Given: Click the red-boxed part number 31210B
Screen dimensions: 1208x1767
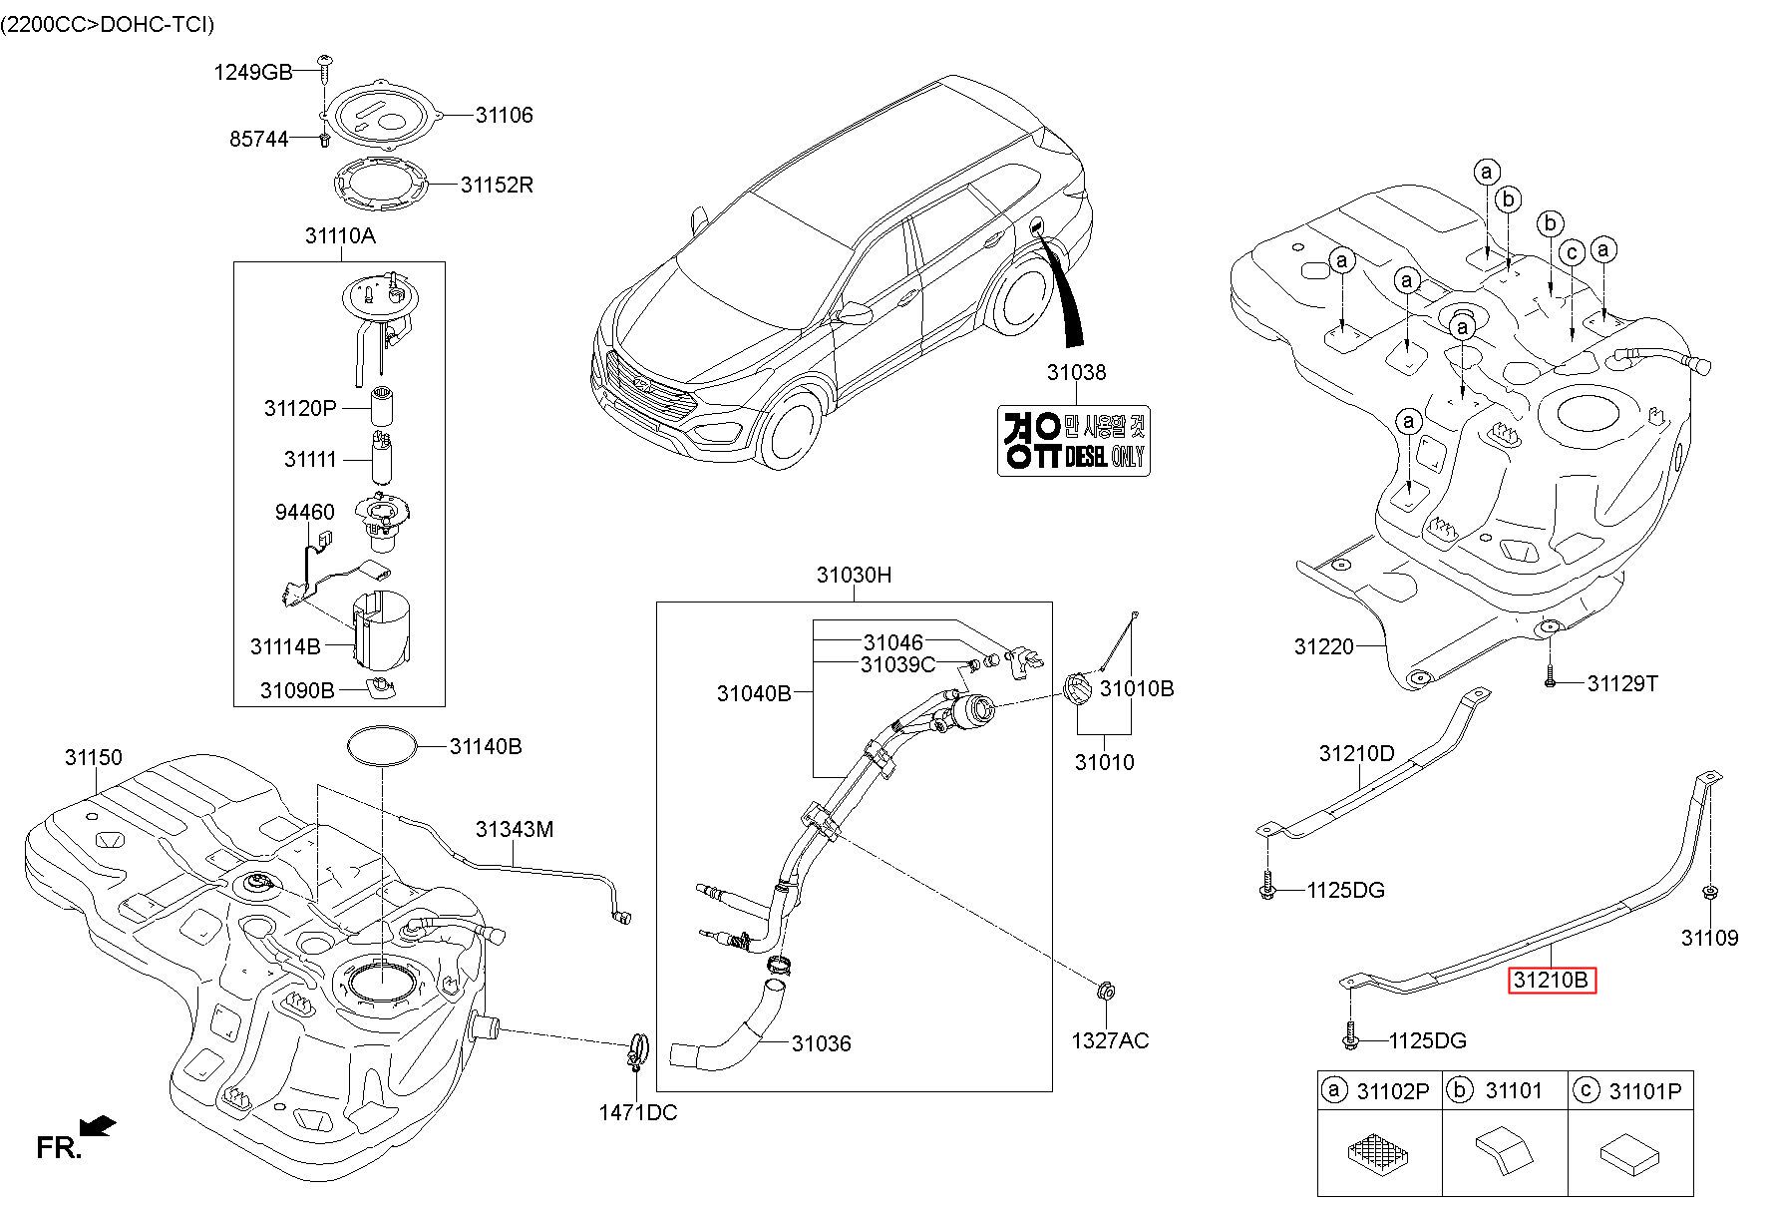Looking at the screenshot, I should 1552,981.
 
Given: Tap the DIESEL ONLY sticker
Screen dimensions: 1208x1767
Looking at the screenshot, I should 1074,440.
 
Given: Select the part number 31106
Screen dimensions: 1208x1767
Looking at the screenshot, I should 504,115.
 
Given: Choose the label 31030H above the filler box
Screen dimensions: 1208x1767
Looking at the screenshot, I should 854,575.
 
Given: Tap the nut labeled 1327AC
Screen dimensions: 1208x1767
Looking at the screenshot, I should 1104,993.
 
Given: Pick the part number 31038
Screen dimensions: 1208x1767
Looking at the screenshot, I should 1076,372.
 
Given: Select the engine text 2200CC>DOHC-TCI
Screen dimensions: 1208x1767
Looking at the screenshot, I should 108,24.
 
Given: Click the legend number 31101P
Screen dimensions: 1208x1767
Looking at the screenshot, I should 1644,1091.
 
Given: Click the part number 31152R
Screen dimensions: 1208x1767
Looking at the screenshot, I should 496,185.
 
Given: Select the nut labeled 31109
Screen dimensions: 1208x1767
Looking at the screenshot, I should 1709,893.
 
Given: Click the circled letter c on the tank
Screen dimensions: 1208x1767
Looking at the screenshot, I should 1572,252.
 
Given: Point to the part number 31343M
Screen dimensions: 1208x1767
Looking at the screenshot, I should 514,829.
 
